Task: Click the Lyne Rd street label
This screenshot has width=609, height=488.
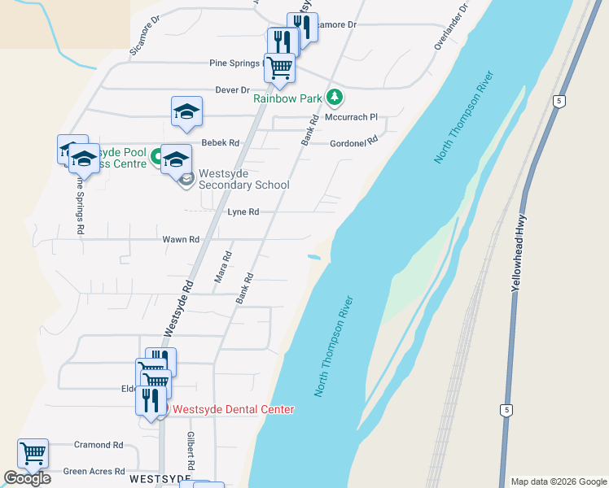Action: pyautogui.click(x=243, y=212)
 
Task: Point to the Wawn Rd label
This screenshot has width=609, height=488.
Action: pyautogui.click(x=181, y=240)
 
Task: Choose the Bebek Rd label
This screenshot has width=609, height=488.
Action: pyautogui.click(x=221, y=143)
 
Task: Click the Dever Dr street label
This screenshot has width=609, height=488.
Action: pyautogui.click(x=232, y=89)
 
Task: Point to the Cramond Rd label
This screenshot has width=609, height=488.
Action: pyautogui.click(x=99, y=446)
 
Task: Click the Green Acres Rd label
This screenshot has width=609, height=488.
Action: pyautogui.click(x=94, y=472)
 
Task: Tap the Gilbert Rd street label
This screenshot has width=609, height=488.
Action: pyautogui.click(x=191, y=453)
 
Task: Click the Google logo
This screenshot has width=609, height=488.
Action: pyautogui.click(x=27, y=478)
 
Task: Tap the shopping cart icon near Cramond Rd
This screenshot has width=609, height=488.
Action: pyautogui.click(x=33, y=453)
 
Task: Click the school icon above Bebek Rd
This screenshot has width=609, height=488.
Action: pyautogui.click(x=186, y=111)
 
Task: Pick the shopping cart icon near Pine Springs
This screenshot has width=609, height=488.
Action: pyautogui.click(x=279, y=68)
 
